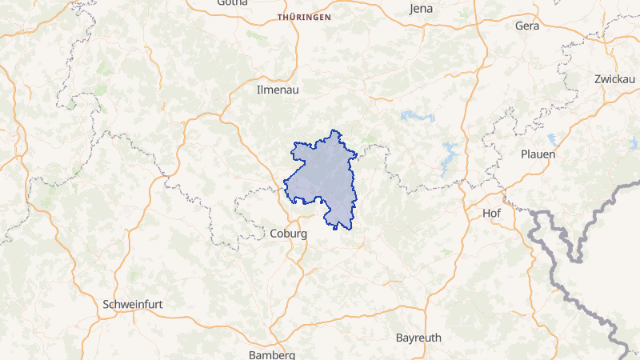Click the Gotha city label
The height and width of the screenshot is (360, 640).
[233, 3]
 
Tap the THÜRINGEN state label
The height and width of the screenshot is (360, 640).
[303, 17]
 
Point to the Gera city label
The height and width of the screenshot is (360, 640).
[527, 26]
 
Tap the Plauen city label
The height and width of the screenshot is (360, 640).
[538, 154]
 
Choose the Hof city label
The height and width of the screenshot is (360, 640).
[491, 213]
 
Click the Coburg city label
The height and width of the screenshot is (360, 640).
[289, 234]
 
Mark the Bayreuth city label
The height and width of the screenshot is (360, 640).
[418, 338]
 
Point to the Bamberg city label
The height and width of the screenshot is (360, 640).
[272, 354]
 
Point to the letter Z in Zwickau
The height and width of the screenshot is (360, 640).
[598, 78]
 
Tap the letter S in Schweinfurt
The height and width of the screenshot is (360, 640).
[106, 304]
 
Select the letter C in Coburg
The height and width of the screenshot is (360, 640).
[274, 234]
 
